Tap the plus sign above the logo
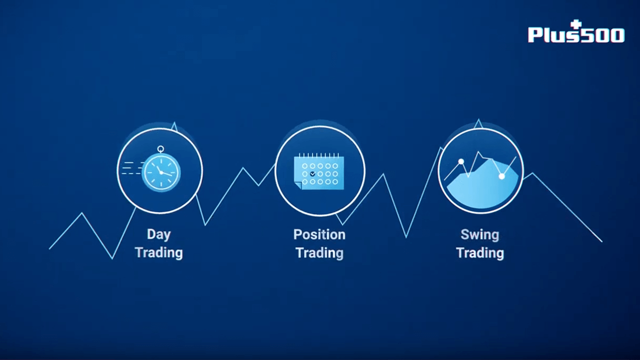(x=576, y=24)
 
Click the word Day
(x=159, y=235)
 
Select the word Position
(x=319, y=234)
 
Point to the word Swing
(x=480, y=235)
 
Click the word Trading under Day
(x=159, y=253)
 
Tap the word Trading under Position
(x=319, y=253)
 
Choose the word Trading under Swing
(x=480, y=253)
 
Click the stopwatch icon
(x=161, y=172)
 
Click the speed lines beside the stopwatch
(x=131, y=168)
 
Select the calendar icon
(x=319, y=171)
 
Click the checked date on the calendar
(x=312, y=173)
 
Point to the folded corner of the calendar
(x=297, y=185)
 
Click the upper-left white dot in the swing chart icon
(x=461, y=161)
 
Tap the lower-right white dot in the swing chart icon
(x=501, y=176)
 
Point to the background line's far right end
(x=602, y=241)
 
